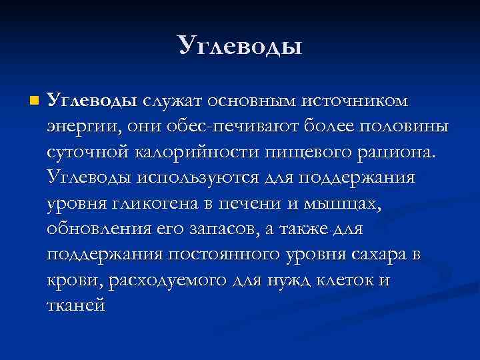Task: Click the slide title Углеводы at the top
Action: coord(240,45)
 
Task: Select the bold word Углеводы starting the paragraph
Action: coord(93,101)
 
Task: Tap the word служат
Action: coord(171,101)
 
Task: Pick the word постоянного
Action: coord(223,255)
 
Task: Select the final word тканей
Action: coord(76,307)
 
